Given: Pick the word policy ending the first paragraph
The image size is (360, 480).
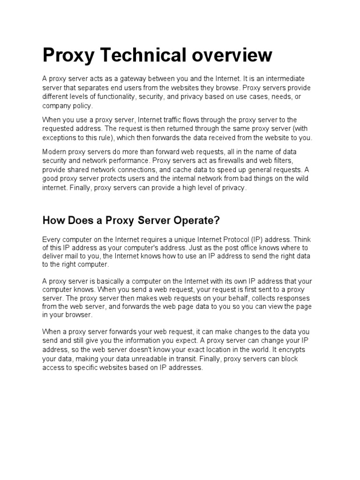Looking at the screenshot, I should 82,106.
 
